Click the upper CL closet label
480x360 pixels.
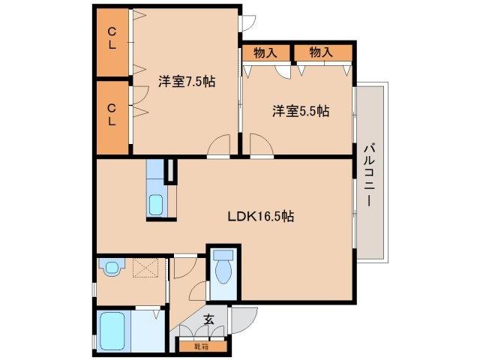[111, 37]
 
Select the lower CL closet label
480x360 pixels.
[111, 114]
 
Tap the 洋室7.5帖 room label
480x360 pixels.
[186, 81]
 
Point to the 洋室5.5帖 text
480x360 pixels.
[300, 111]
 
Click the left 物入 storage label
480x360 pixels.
[265, 52]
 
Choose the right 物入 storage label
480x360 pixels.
[321, 52]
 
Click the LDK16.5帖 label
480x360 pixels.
[260, 217]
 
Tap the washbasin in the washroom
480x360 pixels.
[113, 266]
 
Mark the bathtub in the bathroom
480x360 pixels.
[115, 330]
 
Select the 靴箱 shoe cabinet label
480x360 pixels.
[199, 346]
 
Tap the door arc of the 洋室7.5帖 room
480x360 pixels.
[219, 146]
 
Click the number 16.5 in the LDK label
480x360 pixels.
[268, 217]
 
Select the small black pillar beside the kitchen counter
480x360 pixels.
[170, 172]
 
